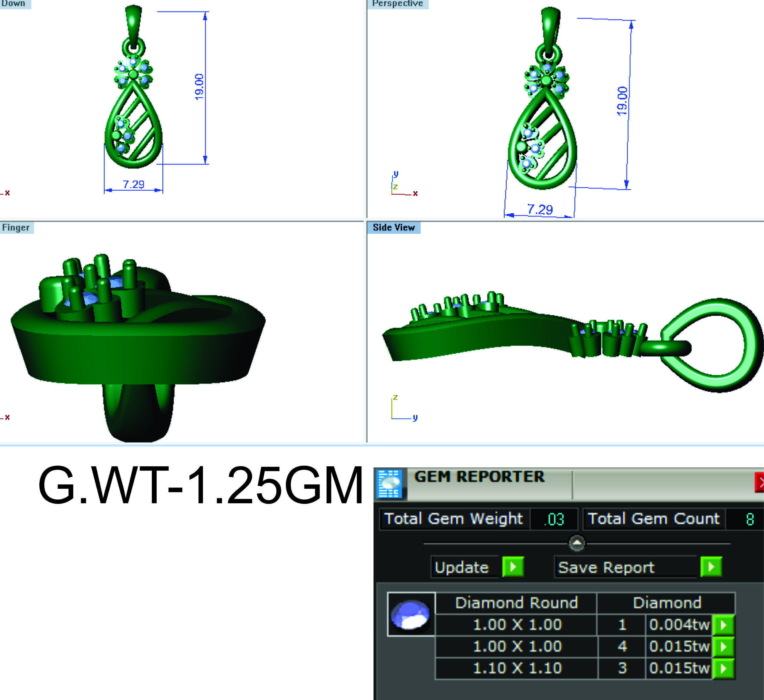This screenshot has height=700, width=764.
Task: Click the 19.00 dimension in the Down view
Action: pyautogui.click(x=199, y=87)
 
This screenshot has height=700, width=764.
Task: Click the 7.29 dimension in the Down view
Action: pyautogui.click(x=133, y=184)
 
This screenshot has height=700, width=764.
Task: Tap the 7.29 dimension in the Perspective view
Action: pyautogui.click(x=540, y=209)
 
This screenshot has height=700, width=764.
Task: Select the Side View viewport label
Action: pyautogui.click(x=393, y=228)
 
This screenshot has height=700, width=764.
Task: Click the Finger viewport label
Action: pyautogui.click(x=16, y=228)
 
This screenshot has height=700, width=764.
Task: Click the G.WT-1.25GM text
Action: pyautogui.click(x=200, y=486)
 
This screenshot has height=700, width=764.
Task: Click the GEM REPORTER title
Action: pyautogui.click(x=479, y=477)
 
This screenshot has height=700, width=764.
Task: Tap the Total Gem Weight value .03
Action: pyautogui.click(x=554, y=519)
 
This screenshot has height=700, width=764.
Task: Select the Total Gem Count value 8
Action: pyautogui.click(x=749, y=519)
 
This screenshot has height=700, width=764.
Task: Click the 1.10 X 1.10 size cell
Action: pyautogui.click(x=517, y=668)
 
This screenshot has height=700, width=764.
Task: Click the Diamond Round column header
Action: pyautogui.click(x=516, y=603)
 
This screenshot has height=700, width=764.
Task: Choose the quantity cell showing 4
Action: pyautogui.click(x=622, y=646)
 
